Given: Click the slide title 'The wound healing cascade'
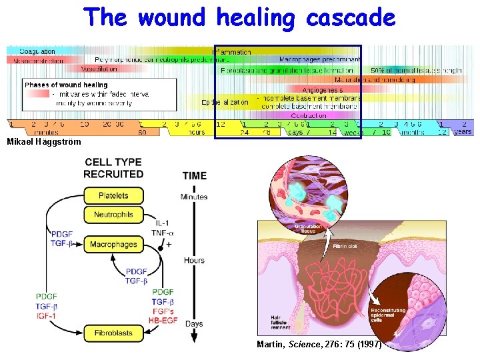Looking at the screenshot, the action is click(x=239, y=18).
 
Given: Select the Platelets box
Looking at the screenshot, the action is click(x=113, y=195).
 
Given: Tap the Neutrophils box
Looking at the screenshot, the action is click(x=113, y=215).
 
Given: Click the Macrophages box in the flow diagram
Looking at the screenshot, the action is click(x=113, y=245).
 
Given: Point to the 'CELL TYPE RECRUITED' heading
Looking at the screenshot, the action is click(x=113, y=167).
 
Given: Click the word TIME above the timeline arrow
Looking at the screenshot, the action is click(x=194, y=176).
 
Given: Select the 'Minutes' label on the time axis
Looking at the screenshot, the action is click(x=194, y=197).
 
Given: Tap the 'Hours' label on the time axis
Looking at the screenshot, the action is click(x=194, y=260).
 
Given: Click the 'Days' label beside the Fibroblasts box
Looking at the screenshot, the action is click(x=194, y=324).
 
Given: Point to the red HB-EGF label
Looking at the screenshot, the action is click(x=163, y=320).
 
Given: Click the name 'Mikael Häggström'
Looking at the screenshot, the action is click(x=43, y=142).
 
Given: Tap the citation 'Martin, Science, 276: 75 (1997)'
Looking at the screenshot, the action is click(x=319, y=345).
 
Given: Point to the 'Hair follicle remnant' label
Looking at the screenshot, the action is click(x=281, y=322).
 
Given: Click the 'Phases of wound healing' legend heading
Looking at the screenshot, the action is click(x=66, y=85).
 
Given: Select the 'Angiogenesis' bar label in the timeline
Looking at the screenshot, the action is click(x=323, y=89).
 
